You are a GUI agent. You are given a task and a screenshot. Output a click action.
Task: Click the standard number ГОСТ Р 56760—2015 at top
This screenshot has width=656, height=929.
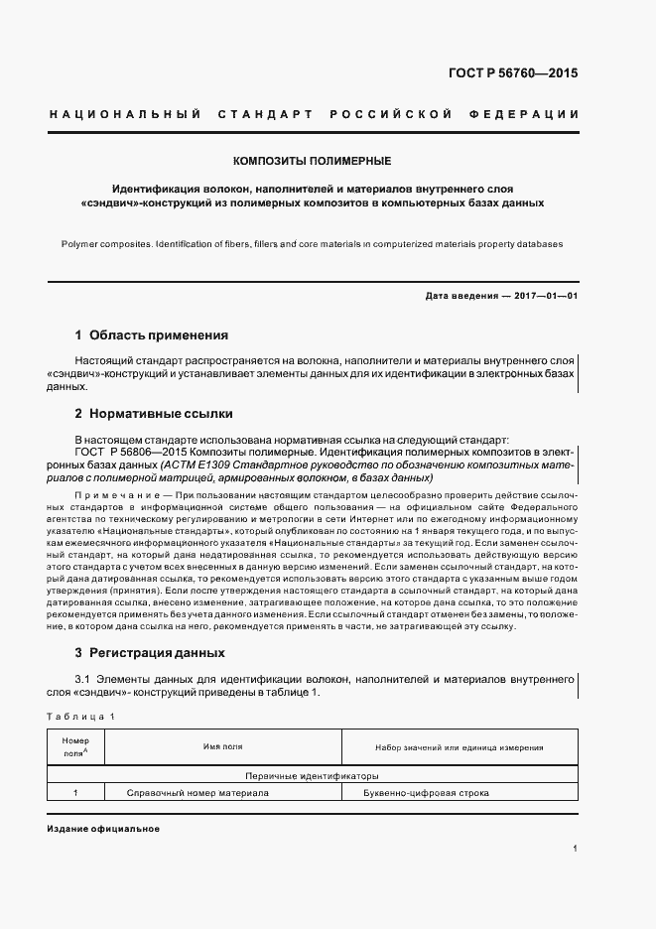(514, 73)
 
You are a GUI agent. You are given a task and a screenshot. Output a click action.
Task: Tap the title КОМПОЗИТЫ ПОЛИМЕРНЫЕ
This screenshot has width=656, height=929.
(312, 160)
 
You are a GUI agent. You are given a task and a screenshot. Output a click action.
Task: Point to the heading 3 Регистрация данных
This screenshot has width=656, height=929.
(150, 653)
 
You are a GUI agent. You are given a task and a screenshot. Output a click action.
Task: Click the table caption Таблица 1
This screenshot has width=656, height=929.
(80, 716)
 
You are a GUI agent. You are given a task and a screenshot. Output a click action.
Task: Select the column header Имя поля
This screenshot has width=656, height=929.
(223, 747)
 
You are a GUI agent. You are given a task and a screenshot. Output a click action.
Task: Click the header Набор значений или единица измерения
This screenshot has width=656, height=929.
(459, 747)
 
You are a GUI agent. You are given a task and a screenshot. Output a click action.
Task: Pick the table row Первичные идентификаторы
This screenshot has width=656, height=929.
(312, 775)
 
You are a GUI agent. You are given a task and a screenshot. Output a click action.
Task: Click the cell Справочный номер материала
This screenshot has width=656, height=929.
(197, 793)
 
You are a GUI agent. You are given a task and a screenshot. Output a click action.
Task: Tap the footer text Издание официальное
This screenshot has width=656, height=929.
(103, 828)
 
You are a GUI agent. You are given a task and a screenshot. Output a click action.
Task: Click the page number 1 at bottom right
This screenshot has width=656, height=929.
(576, 848)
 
